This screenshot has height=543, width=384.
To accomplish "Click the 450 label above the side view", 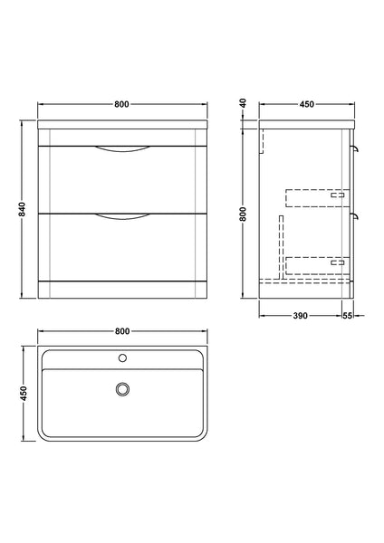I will [x=306, y=104].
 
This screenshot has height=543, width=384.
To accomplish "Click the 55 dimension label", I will [x=348, y=315].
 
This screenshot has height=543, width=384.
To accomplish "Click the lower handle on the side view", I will [x=357, y=216].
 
